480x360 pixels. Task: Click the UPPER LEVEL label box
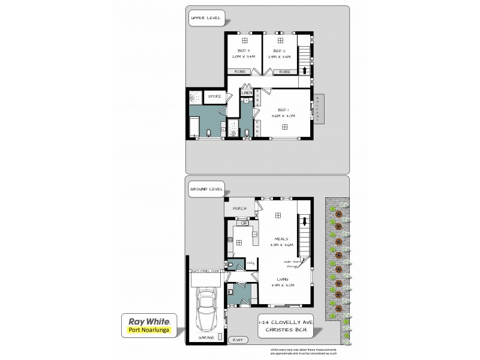click(206, 18)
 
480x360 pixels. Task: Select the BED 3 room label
click(243, 50)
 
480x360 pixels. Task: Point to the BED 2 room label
click(278, 50)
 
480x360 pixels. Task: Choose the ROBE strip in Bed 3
click(239, 72)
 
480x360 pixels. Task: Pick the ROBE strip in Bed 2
click(284, 72)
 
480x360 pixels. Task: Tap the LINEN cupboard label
click(247, 93)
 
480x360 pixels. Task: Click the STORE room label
click(214, 96)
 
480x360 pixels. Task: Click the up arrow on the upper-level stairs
click(304, 70)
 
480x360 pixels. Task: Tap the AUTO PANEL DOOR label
click(205, 272)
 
